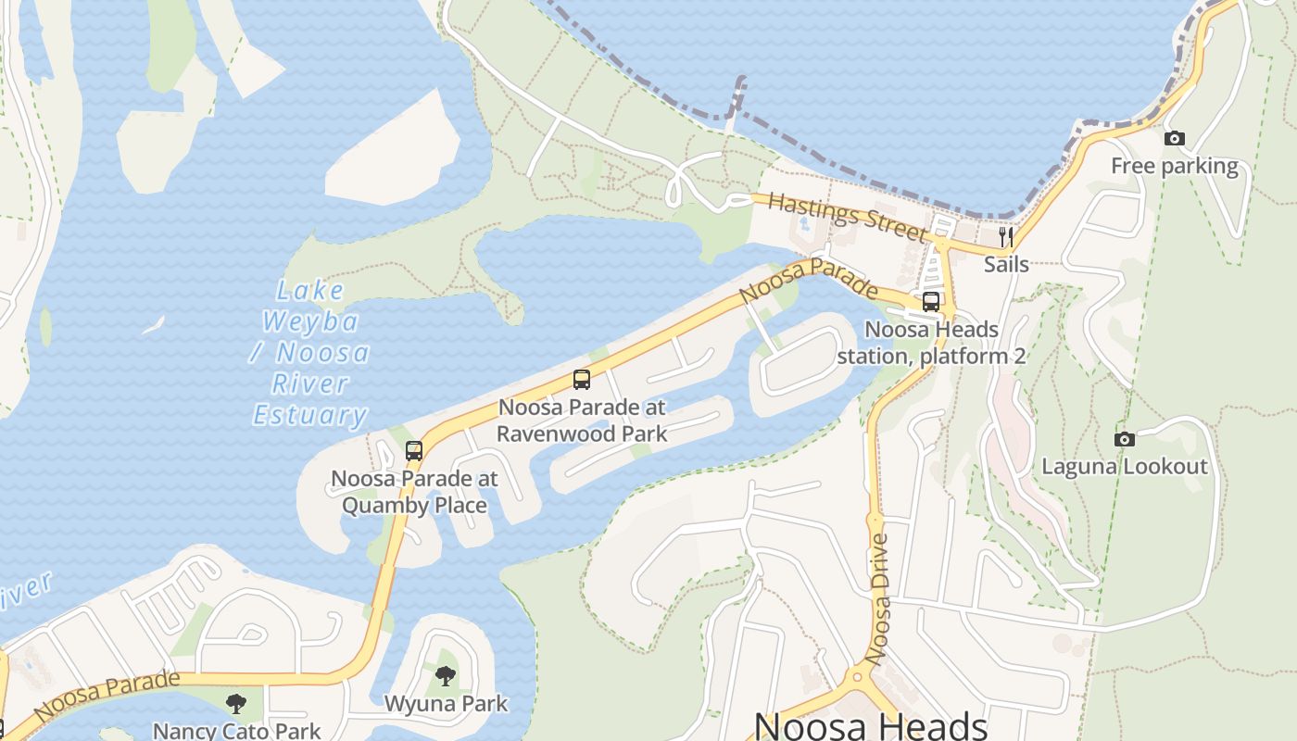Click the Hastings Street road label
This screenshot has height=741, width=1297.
point(847,217)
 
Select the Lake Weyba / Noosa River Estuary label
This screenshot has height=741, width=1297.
point(310,353)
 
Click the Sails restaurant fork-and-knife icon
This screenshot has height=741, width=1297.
point(1006,238)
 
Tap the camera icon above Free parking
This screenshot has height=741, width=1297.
point(1174,139)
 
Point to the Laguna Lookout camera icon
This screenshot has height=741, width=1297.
point(1124,439)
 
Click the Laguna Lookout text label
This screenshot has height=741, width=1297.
point(1125,466)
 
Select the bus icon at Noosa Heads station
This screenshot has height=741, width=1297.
point(931,302)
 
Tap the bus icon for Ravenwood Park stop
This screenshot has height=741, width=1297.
point(582,380)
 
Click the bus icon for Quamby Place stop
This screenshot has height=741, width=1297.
point(414,451)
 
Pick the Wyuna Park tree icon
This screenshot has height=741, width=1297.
point(446,676)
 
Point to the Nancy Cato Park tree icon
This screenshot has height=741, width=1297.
point(236,704)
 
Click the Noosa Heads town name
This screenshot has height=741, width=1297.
point(871,725)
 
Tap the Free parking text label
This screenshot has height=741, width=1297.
point(1174,167)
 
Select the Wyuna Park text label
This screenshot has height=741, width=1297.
point(446,704)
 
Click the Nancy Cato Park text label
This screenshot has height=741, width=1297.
point(236,731)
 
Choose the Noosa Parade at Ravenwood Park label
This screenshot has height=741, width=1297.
point(582,420)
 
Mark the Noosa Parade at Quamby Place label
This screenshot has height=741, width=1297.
point(414,492)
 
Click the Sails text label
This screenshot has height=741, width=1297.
point(1006,265)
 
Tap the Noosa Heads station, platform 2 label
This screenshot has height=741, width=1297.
point(931,343)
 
